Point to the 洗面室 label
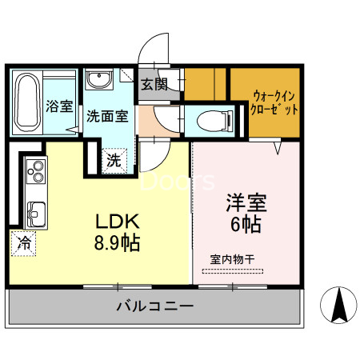[x=107, y=115]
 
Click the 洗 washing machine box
[x=114, y=159]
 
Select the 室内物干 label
[x=232, y=259]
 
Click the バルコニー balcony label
[x=154, y=306]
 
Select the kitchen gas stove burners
[x=37, y=171]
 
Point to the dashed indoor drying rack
[x=232, y=272]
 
